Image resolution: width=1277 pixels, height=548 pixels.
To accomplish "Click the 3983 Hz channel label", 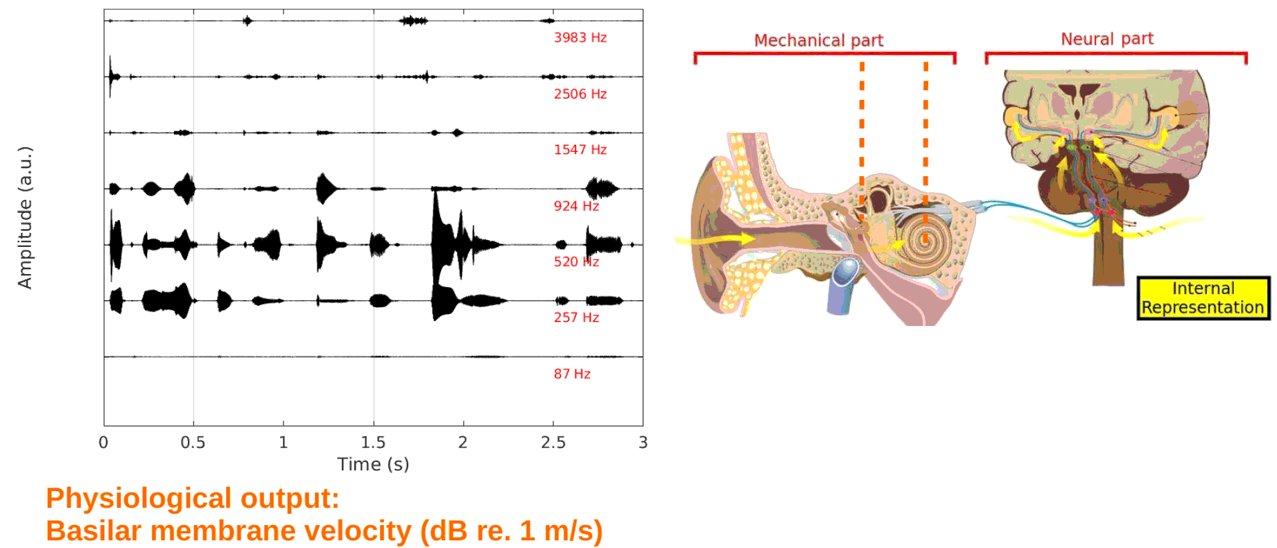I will point(580,37).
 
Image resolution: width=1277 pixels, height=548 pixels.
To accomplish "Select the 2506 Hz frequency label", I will point(580,94).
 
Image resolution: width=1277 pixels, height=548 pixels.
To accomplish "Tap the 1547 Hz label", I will point(580,149).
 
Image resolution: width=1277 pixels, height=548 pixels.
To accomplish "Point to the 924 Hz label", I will point(576,205).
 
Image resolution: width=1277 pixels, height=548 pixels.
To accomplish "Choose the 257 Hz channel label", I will point(576,317).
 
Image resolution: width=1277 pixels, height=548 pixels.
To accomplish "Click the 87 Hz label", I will point(572,373).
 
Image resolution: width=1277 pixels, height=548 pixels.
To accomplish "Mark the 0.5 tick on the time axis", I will point(193,443).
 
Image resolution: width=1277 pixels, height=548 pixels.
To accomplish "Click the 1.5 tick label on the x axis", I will point(373,443).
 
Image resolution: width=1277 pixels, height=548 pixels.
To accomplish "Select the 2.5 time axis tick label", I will point(553,443).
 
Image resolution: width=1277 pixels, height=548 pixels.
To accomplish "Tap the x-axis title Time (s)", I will point(373,464).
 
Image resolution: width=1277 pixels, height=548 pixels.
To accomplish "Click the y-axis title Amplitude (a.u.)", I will point(25,218).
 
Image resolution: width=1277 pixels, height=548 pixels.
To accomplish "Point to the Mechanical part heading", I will point(818,40).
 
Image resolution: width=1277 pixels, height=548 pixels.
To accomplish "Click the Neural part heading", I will point(1107,39).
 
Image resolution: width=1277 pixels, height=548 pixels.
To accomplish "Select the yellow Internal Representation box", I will point(1203,298).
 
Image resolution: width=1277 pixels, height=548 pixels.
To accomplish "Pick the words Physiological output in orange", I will point(193,498).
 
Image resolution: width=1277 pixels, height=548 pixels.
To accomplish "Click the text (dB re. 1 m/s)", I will point(512,531).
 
